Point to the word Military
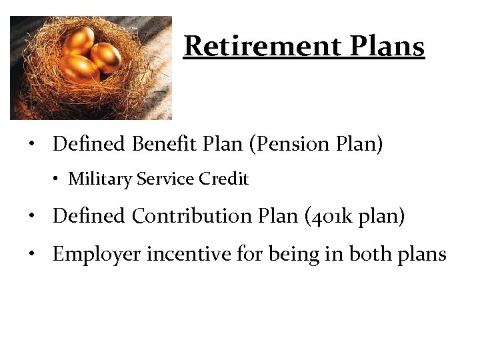(x=101, y=179)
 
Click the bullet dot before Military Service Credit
(x=58, y=179)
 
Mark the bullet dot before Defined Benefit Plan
(x=31, y=145)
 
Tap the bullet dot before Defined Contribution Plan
(x=31, y=217)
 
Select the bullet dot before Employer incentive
(x=31, y=255)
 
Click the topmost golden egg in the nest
(x=79, y=41)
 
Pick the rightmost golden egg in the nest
(x=105, y=57)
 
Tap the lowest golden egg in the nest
(x=78, y=69)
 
